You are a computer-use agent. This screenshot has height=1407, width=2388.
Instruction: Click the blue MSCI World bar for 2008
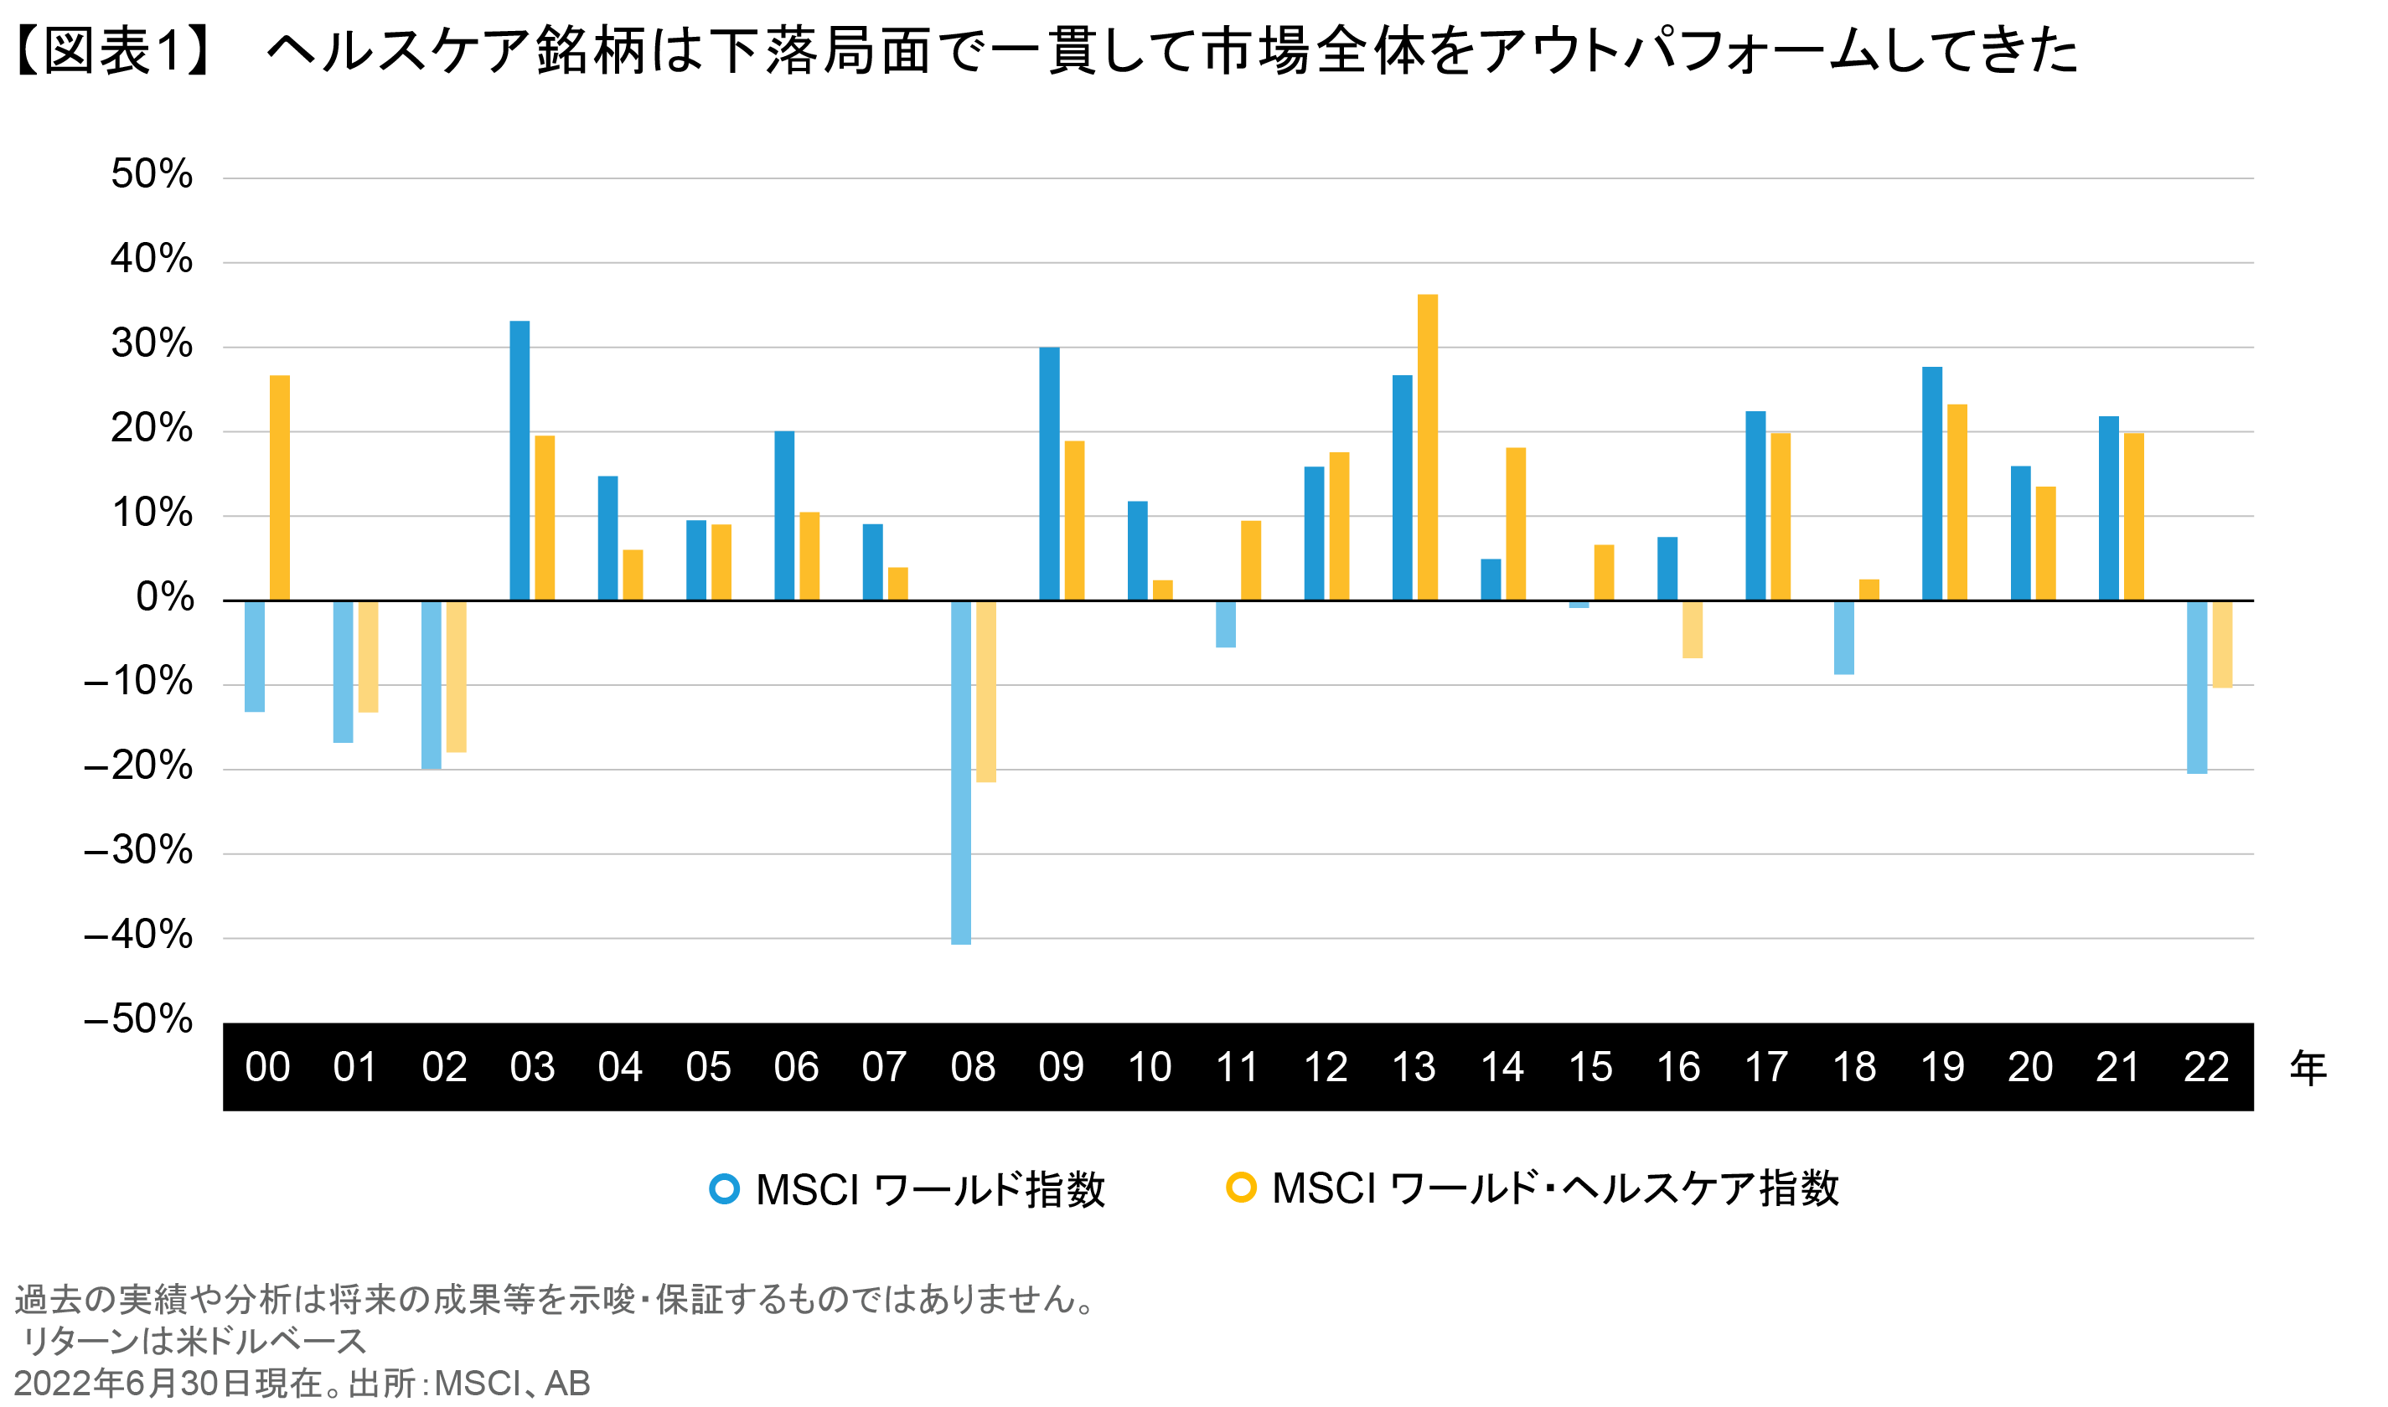coord(961,772)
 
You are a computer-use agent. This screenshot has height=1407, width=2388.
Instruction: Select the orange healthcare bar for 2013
coord(1427,447)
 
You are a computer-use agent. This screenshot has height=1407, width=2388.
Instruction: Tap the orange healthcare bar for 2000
coord(280,487)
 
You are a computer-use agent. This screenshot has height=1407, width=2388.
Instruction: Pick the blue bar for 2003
coord(519,461)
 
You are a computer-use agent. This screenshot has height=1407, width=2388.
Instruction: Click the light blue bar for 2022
coord(2196,688)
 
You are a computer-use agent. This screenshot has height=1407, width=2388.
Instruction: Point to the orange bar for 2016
coord(1692,630)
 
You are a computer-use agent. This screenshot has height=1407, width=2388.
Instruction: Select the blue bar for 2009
coord(1049,474)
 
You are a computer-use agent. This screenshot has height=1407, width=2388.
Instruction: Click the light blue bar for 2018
coord(1843,638)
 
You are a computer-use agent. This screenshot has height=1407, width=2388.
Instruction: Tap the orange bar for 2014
coord(1516,524)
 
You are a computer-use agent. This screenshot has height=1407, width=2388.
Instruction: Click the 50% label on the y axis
coord(152,174)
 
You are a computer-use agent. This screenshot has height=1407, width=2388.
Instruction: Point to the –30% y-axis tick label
coord(138,850)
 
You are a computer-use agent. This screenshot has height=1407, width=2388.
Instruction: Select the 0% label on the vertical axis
coord(165,597)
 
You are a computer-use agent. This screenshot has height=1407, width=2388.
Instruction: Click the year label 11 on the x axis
coord(1238,1068)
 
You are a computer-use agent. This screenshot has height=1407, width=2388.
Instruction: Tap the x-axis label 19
coord(1942,1068)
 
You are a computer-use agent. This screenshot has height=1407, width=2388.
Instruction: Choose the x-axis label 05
coord(708,1068)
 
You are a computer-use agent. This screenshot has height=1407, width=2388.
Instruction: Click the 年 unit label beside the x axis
coord(2308,1069)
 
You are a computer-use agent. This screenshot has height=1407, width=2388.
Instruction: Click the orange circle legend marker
coord(1240,1187)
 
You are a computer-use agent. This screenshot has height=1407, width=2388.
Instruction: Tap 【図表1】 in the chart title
coord(112,50)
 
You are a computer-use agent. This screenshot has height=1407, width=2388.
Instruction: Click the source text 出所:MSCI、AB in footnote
coord(468,1384)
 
